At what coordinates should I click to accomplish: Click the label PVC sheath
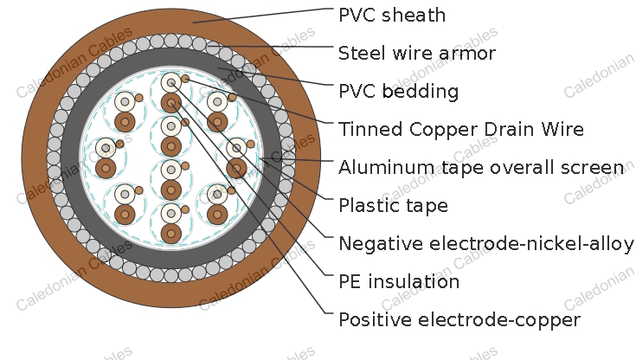point(392,16)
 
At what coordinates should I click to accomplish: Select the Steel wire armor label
point(417,53)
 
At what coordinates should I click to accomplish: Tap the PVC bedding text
point(399,92)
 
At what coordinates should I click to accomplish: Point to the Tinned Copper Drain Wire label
point(461,130)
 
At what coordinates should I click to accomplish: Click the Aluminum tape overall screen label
point(481,168)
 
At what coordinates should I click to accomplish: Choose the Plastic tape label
point(394,205)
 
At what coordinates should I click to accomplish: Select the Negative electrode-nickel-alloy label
point(486,243)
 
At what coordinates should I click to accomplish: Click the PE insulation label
point(399,281)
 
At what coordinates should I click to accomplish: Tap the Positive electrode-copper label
point(459,320)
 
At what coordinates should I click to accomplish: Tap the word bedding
point(421,92)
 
